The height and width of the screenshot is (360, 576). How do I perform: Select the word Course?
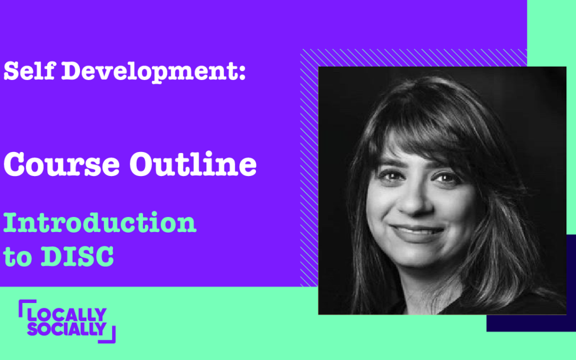coord(62,164)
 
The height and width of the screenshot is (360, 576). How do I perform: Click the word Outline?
coord(193,164)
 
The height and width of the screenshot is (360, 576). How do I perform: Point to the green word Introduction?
coord(100,222)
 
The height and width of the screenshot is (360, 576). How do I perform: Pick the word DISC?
coord(77,256)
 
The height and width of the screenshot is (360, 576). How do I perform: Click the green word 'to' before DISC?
coord(17,257)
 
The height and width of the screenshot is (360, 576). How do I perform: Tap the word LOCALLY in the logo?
coord(67,315)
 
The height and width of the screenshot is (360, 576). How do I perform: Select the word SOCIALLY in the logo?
coord(67,329)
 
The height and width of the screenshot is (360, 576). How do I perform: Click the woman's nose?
coord(414,201)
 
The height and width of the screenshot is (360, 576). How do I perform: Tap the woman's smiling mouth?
coord(417,232)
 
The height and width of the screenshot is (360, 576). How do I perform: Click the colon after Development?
coord(242,71)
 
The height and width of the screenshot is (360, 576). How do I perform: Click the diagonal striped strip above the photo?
coord(414,58)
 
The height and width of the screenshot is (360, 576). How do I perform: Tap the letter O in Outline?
coord(142,165)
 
